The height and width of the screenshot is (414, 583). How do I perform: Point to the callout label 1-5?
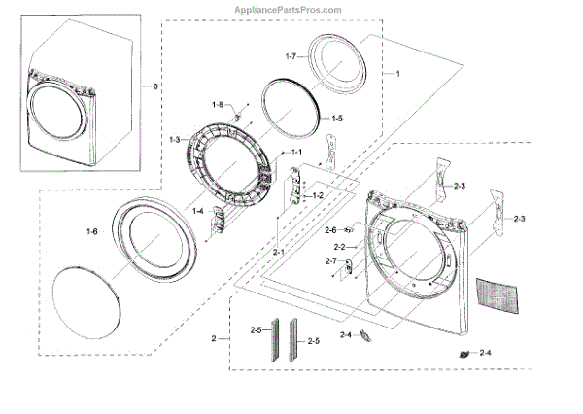[x=337, y=118]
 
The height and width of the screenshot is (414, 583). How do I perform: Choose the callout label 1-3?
[x=174, y=141]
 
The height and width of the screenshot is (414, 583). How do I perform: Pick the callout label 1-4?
[x=198, y=211]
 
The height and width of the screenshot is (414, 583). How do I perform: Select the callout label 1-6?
[x=92, y=230]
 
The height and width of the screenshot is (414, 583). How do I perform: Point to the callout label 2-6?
[x=330, y=230]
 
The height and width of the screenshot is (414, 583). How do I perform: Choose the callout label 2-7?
[x=330, y=262]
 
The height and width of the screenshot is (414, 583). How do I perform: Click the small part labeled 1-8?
[x=235, y=117]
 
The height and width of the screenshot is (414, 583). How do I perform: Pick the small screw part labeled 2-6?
[x=347, y=231]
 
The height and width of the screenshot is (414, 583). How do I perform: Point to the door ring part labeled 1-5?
[x=291, y=108]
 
